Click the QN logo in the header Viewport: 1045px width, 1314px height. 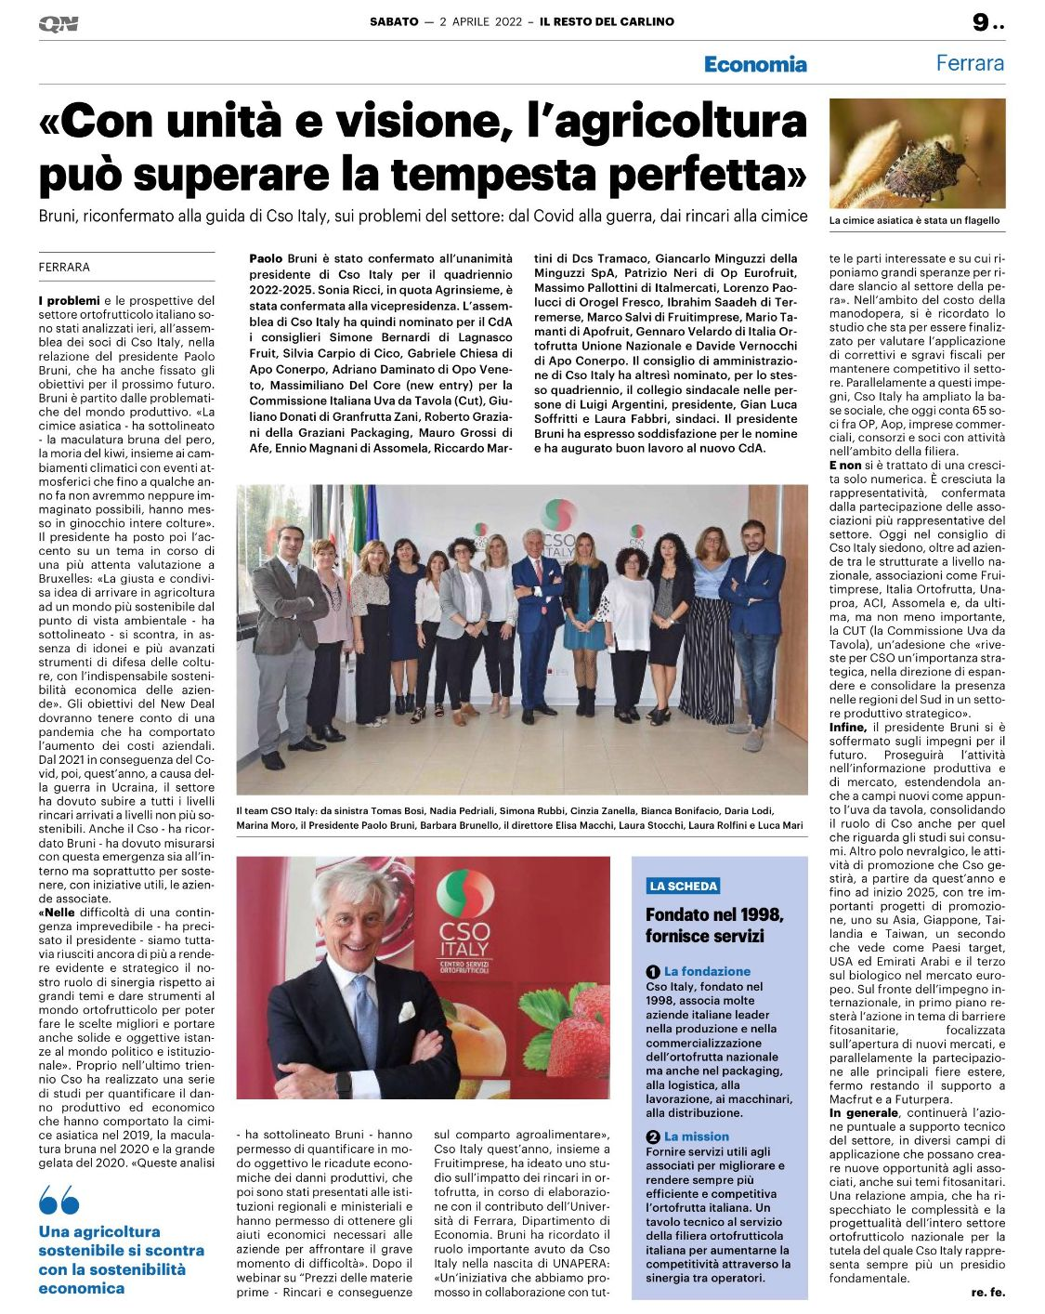(59, 24)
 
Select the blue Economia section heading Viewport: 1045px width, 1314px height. (755, 64)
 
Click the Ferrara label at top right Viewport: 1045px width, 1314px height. (970, 63)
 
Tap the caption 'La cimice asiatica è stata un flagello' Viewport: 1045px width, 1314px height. (915, 221)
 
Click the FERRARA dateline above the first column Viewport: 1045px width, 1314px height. (64, 268)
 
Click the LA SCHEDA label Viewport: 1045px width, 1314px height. (684, 886)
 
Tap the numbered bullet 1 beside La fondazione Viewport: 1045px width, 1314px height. (653, 972)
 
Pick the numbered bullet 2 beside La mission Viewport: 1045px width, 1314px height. (653, 1137)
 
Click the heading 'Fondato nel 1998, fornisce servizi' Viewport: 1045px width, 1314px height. (714, 925)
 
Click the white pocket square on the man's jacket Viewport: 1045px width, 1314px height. (406, 1011)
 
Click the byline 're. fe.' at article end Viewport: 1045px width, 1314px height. (987, 1293)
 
